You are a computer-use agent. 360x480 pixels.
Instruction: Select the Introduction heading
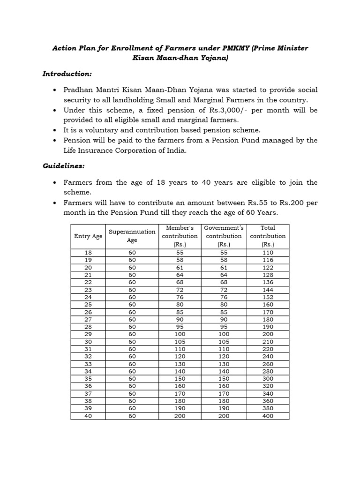click(67, 74)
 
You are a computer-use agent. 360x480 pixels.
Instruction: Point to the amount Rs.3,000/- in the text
click(227, 110)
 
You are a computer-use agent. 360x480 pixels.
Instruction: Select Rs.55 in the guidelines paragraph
click(255, 203)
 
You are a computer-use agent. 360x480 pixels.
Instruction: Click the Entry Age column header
click(88, 236)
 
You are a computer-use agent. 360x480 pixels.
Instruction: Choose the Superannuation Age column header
click(132, 236)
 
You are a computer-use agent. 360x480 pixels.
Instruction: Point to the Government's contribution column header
click(224, 236)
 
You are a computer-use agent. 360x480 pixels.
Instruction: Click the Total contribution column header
click(268, 236)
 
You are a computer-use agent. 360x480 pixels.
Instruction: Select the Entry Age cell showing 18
click(88, 252)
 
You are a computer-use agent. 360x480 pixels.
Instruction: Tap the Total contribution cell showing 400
click(268, 416)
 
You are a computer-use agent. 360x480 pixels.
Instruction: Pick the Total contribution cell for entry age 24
click(268, 297)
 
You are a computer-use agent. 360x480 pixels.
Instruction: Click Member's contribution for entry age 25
click(180, 305)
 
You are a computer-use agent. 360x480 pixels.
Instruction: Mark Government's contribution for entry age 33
click(224, 364)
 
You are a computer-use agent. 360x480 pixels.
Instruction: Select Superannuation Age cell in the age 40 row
click(132, 416)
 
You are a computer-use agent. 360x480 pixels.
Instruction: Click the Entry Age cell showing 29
click(88, 334)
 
